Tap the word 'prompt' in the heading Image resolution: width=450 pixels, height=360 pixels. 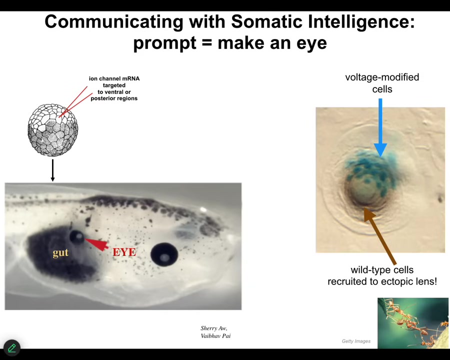tap(165, 43)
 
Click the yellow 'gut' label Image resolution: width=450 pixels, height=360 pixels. tap(60, 252)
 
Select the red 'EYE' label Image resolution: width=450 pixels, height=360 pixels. tap(124, 252)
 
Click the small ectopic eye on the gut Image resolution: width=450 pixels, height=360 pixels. tap(77, 237)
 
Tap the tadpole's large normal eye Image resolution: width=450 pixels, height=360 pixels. tap(164, 254)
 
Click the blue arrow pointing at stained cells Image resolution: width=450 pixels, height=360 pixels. tap(380, 128)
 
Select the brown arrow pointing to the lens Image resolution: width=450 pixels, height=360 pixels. tap(380, 236)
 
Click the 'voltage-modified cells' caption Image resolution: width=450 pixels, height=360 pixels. tap(382, 83)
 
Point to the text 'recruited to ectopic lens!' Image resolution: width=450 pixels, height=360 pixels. tap(382, 281)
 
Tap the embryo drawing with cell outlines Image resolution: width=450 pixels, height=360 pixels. tap(53, 130)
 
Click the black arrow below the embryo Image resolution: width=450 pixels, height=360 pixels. tap(52, 170)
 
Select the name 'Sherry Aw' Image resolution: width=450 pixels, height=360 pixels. tap(214, 328)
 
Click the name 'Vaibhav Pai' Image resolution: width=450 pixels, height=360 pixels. tap(215, 336)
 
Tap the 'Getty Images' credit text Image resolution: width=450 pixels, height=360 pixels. tap(356, 341)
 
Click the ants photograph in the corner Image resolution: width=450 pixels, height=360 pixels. tap(412, 323)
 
